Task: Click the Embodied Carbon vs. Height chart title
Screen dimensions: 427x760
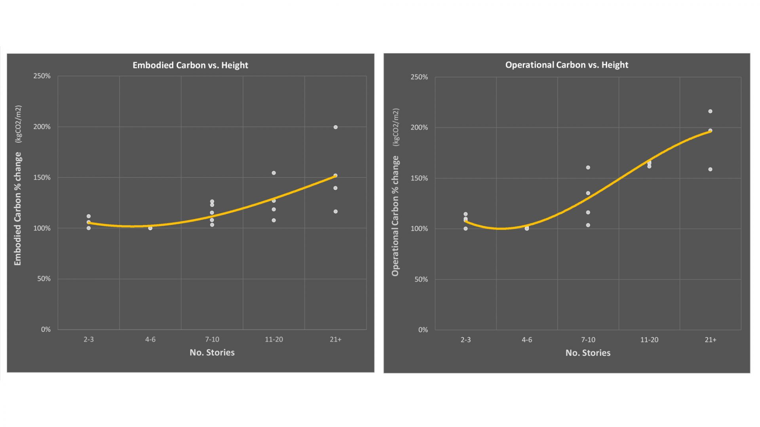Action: tap(190, 65)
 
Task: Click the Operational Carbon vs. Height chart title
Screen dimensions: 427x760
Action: tap(566, 65)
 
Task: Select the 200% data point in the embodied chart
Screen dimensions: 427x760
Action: tap(336, 127)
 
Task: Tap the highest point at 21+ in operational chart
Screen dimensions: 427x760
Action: tap(710, 111)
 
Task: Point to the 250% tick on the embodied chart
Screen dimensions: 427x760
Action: tap(42, 76)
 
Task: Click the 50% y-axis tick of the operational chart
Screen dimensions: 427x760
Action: tap(421, 280)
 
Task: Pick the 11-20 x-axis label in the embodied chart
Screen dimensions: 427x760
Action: tap(274, 340)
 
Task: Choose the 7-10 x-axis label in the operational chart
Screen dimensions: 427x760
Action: tap(588, 340)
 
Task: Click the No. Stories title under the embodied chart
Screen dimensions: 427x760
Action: tap(212, 353)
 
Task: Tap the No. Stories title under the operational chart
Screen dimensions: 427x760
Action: tap(588, 353)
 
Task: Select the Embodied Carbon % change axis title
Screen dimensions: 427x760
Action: tap(18, 209)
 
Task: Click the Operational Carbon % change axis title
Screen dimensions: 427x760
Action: tap(395, 215)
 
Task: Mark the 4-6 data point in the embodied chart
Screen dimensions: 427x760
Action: tap(150, 228)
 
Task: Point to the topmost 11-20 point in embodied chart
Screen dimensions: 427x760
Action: tap(274, 173)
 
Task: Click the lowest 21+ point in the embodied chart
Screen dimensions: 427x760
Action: tap(336, 212)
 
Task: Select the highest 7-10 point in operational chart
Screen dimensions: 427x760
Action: tap(588, 168)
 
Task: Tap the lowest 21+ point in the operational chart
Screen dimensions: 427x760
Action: tap(711, 170)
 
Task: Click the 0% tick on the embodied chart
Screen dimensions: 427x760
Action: tap(46, 330)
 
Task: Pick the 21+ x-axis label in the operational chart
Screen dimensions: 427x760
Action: tap(711, 340)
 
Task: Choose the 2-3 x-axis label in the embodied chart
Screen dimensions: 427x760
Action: tap(89, 340)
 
